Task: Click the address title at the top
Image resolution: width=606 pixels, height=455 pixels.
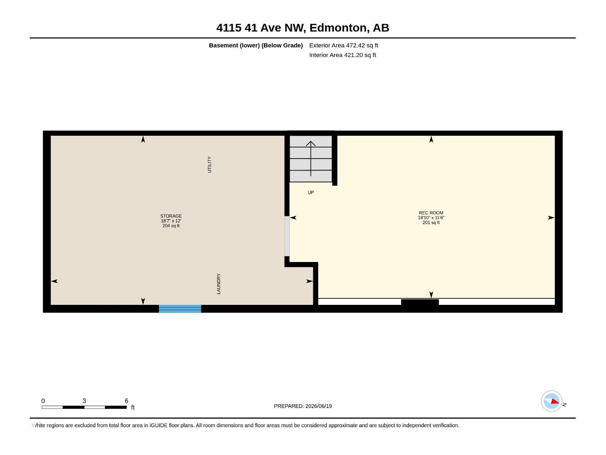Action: coord(303,28)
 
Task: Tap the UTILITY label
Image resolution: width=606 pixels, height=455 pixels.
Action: coord(209,165)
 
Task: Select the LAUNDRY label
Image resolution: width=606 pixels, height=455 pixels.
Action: coord(219,284)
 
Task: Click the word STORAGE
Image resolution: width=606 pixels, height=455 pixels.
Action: coord(171,216)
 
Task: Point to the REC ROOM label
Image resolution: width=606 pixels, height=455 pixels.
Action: coord(431,213)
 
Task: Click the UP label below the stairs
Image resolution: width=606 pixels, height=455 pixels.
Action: coord(311,193)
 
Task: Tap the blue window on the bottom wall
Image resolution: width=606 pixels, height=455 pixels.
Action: coord(180,309)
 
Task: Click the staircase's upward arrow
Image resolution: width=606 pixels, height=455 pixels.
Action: coord(311,158)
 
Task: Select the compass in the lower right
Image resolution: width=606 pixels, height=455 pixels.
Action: coord(551,401)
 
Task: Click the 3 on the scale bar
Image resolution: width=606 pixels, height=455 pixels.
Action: coord(84,401)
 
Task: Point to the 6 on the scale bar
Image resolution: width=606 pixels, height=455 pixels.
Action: coord(127,401)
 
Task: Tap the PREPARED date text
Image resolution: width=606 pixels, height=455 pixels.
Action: coord(303,406)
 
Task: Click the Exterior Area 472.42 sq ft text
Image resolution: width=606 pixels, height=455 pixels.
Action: coord(344,45)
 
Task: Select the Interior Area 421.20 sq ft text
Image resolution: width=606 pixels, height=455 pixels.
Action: coord(343,55)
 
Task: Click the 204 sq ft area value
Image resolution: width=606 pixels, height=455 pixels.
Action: coord(171,226)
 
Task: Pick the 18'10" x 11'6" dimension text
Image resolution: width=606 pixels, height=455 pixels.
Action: coord(431,218)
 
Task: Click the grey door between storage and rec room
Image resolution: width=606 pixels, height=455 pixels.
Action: coord(287,236)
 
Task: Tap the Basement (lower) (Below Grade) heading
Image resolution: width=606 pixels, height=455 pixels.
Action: coord(256,45)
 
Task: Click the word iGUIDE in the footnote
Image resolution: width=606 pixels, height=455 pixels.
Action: coord(158,425)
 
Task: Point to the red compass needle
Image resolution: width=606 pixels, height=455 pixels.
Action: coord(555,401)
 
